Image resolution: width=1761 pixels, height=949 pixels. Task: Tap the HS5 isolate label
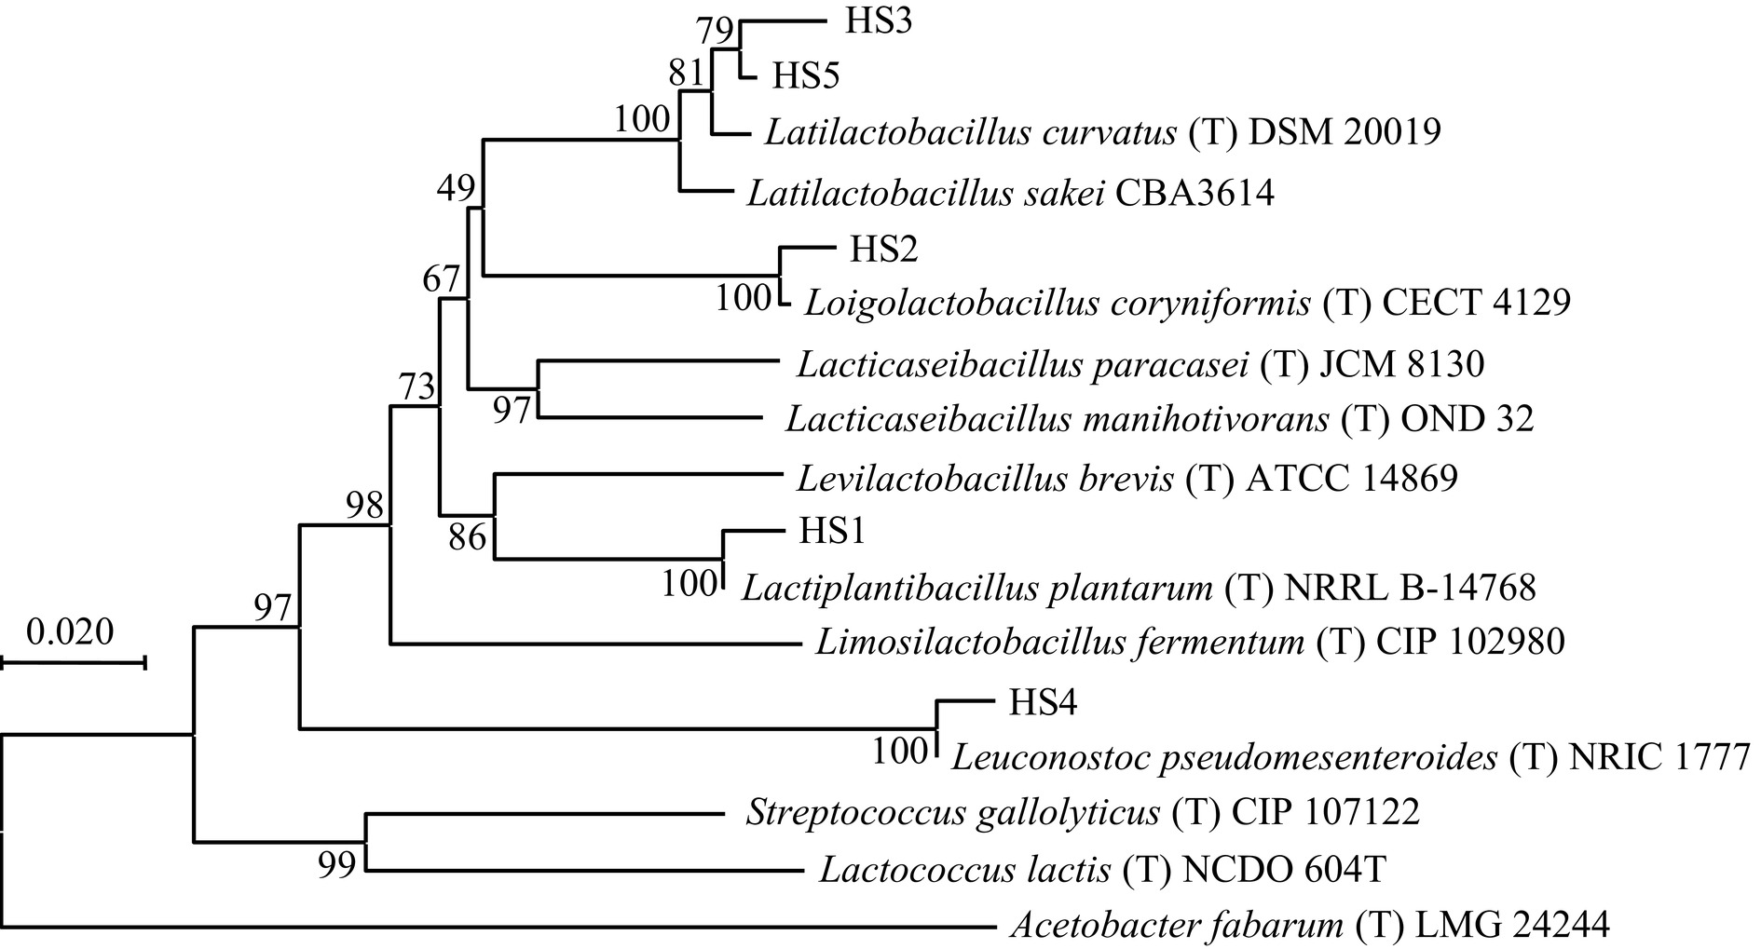(x=806, y=76)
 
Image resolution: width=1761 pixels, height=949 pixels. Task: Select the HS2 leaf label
(x=883, y=249)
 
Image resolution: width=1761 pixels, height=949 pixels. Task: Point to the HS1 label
(x=832, y=531)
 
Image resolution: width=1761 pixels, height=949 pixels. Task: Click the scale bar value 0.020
(x=70, y=631)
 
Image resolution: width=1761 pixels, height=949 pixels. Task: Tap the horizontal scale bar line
(x=73, y=662)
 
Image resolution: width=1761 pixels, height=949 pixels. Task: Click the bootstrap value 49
(x=457, y=189)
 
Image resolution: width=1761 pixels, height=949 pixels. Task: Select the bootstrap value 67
(x=441, y=278)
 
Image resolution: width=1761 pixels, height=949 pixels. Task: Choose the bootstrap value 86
(x=467, y=536)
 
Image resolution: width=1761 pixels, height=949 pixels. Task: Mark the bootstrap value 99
(x=337, y=866)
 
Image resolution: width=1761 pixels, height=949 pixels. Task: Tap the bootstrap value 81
(x=687, y=73)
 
